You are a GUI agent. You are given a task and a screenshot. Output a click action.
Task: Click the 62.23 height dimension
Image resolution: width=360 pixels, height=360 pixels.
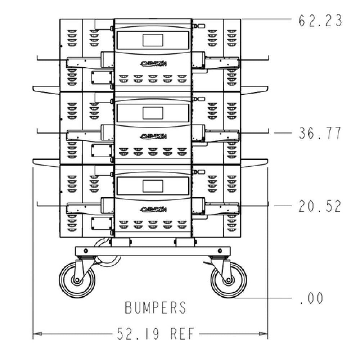click(320, 21)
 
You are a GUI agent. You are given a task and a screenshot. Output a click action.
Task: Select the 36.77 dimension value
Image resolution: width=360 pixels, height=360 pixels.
click(320, 133)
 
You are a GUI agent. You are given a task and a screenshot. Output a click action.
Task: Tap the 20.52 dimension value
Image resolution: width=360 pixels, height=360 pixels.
click(320, 206)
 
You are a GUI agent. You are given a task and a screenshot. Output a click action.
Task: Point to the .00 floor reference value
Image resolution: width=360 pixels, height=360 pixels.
click(311, 298)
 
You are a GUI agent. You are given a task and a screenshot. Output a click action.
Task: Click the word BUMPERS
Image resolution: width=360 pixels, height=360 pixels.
click(156, 308)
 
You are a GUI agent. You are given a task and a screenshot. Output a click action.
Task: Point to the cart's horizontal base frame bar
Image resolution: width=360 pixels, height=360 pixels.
click(152, 251)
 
